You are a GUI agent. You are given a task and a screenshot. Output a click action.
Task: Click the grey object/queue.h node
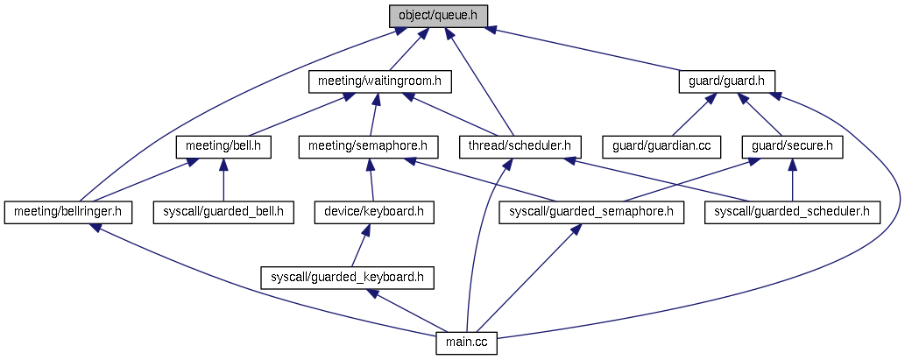438,16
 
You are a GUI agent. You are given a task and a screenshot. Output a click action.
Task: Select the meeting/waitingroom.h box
379,82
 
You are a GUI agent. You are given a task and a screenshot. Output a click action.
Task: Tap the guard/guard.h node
726,81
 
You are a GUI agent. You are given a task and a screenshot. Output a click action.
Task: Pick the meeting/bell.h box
223,147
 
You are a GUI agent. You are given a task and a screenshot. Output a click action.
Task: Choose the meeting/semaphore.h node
368,147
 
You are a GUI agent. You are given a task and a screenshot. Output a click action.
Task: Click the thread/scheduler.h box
520,147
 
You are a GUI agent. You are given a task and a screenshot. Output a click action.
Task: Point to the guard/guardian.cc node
661,147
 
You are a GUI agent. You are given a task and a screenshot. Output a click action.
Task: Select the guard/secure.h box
793,147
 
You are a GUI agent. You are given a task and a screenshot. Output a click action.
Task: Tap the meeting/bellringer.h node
68,213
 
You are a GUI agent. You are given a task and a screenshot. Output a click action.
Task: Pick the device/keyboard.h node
374,213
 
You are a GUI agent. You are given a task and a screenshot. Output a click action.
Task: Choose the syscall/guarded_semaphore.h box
591,213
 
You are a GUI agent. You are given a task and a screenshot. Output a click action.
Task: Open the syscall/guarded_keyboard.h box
347,278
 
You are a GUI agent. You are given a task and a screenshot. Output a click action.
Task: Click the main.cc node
466,343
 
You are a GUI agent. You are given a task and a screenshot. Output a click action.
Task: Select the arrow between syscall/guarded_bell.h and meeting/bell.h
223,180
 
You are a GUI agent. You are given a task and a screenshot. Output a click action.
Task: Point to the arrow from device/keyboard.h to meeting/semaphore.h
371,180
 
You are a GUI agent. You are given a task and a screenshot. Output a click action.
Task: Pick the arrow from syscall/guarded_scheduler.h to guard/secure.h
793,180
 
